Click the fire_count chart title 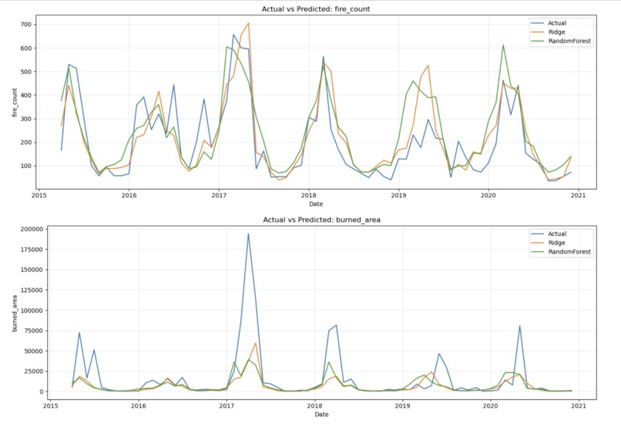310,8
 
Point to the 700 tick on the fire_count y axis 25,25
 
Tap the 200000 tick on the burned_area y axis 23,230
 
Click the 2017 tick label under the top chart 219,196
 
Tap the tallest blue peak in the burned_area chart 248,234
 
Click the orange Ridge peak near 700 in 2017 248,23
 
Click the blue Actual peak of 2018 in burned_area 336,325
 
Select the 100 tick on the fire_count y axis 25,166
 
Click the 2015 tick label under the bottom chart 51,405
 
